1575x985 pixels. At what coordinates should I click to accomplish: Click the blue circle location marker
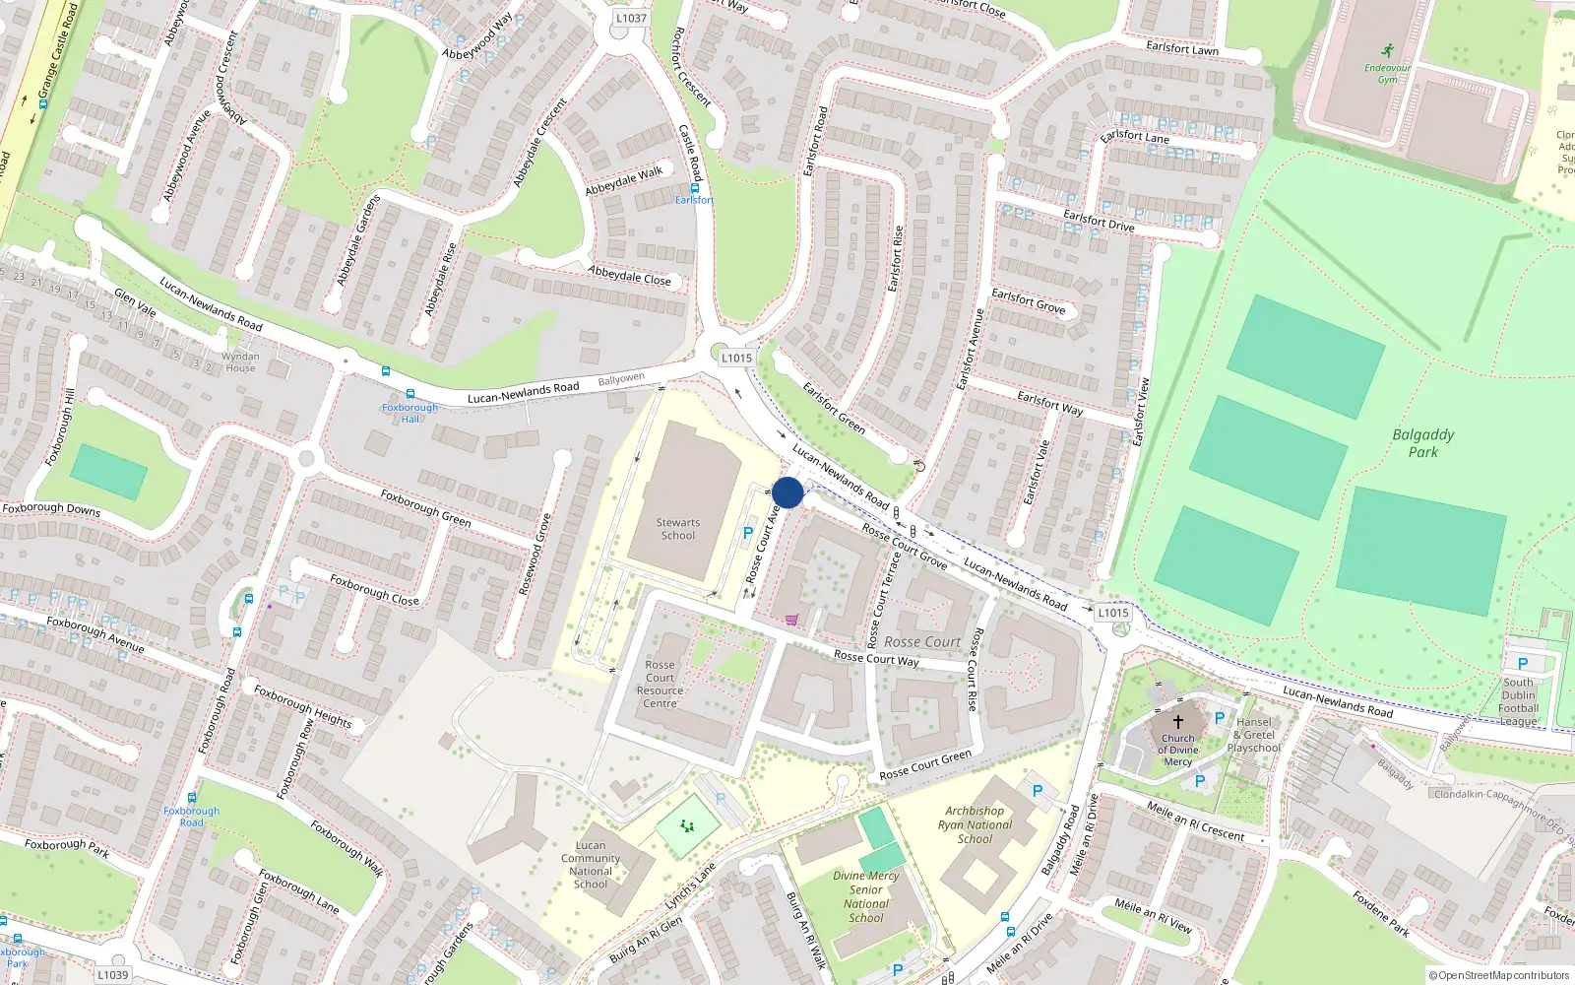click(787, 492)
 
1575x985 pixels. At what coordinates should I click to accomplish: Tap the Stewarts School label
click(677, 529)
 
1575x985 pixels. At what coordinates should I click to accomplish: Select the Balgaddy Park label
click(1422, 442)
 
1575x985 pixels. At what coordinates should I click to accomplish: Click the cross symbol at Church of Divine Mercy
click(1177, 722)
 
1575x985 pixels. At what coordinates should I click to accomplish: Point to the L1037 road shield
click(631, 18)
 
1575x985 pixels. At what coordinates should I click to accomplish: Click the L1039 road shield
click(112, 974)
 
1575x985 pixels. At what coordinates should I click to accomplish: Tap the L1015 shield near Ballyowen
click(735, 359)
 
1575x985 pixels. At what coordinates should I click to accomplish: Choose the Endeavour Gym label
click(1387, 73)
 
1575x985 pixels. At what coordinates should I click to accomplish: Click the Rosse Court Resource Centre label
click(660, 684)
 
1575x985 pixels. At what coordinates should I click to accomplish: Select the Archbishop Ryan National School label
click(975, 825)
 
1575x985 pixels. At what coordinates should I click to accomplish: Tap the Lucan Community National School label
click(591, 864)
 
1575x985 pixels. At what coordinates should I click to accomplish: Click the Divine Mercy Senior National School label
click(865, 896)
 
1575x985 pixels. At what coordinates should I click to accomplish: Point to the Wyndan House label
click(240, 361)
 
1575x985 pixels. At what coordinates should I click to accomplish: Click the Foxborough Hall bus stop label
click(409, 413)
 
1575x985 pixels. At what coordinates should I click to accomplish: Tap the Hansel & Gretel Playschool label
click(1253, 735)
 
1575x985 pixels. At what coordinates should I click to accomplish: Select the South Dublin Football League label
click(1518, 701)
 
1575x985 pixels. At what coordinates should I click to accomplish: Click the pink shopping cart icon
click(791, 620)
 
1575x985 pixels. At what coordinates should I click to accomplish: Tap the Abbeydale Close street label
click(629, 275)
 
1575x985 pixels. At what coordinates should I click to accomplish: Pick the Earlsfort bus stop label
click(694, 200)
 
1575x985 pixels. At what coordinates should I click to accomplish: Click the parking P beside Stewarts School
click(748, 533)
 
